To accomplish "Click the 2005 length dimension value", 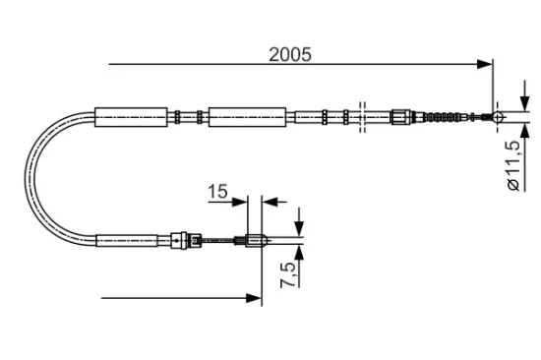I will point(290,55).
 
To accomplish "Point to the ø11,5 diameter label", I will point(511,165).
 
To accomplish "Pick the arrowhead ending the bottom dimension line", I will point(254,295).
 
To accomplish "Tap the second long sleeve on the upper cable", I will point(248,117).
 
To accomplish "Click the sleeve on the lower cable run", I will point(128,238).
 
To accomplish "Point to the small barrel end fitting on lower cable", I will point(255,238).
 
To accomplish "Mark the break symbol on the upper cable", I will point(362,116).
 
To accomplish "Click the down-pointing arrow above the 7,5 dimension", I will point(299,224).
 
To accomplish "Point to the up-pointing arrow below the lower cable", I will point(299,253).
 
